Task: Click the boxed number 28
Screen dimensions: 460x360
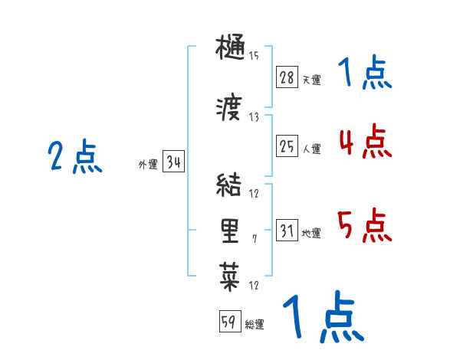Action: coord(287,77)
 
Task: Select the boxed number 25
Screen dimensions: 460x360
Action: coord(287,146)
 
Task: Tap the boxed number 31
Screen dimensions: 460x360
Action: coord(287,231)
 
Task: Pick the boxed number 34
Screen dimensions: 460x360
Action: coord(173,162)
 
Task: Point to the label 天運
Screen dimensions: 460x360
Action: coord(311,80)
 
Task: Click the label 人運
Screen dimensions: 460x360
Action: coord(311,149)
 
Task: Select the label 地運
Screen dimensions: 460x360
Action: coord(311,234)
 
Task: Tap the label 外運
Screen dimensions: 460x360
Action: coord(147,165)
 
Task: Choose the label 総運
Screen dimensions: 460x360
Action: coord(255,325)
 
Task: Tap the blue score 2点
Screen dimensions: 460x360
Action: coord(75,158)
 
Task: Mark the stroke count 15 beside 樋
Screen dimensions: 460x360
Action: coord(254,56)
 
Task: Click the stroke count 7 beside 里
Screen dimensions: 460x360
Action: coord(255,239)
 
